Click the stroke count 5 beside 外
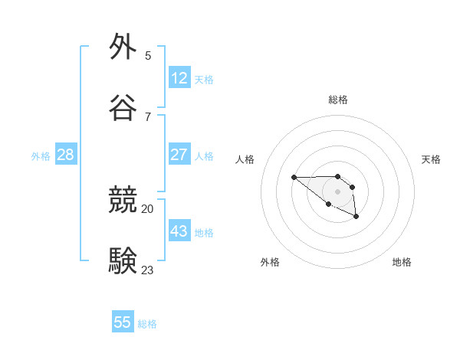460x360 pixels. pyautogui.click(x=148, y=55)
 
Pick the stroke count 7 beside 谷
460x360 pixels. pyautogui.click(x=148, y=116)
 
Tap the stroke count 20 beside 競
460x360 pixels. pyautogui.click(x=147, y=208)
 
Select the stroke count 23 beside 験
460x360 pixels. pyautogui.click(x=147, y=270)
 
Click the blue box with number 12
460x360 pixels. pyautogui.click(x=179, y=78)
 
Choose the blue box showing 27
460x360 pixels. pyautogui.click(x=179, y=155)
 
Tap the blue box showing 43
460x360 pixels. pyautogui.click(x=179, y=231)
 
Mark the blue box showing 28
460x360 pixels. pyautogui.click(x=66, y=155)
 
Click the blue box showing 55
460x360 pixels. pyautogui.click(x=123, y=322)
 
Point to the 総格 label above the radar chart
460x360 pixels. pyautogui.click(x=338, y=100)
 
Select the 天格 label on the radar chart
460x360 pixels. pyautogui.click(x=431, y=159)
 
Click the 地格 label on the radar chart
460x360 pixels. pyautogui.click(x=402, y=262)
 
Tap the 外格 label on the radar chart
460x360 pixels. pyautogui.click(x=270, y=262)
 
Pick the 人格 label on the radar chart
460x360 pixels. pyautogui.click(x=245, y=159)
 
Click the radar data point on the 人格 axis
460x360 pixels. pyautogui.click(x=294, y=178)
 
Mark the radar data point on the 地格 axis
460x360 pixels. pyautogui.click(x=356, y=218)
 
